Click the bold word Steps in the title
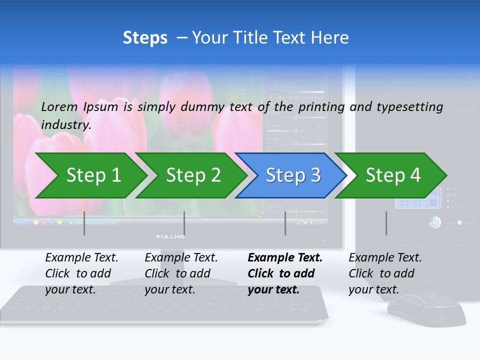(x=145, y=38)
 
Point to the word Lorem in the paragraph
(x=59, y=106)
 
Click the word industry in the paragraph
(x=65, y=125)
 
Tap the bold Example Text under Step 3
(x=285, y=258)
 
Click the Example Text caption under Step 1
(x=81, y=258)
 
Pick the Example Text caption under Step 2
(x=181, y=258)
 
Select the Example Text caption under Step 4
(x=385, y=258)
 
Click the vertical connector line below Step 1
(x=84, y=223)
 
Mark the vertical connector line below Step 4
(x=386, y=223)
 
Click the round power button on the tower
(x=435, y=222)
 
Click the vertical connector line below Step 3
(x=285, y=223)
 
